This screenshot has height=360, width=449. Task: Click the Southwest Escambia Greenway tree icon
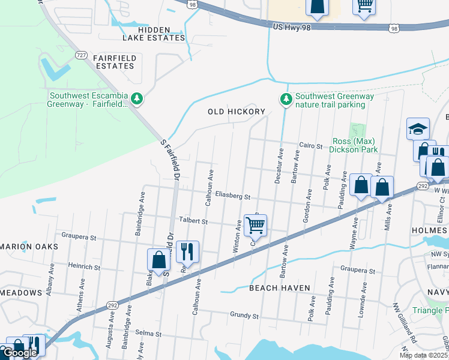click(137, 98)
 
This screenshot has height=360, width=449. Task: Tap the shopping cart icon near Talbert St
click(256, 226)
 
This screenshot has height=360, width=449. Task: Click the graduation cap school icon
click(418, 128)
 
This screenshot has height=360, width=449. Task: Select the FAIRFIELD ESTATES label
click(115, 62)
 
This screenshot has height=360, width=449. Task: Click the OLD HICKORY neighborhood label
click(237, 112)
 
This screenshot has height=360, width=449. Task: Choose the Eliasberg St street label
click(232, 196)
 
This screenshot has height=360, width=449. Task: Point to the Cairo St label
click(312, 145)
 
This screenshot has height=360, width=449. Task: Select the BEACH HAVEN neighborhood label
click(280, 288)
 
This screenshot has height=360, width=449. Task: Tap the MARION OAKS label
click(29, 247)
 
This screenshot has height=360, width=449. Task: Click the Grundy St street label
click(244, 315)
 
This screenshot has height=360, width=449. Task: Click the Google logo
click(20, 352)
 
